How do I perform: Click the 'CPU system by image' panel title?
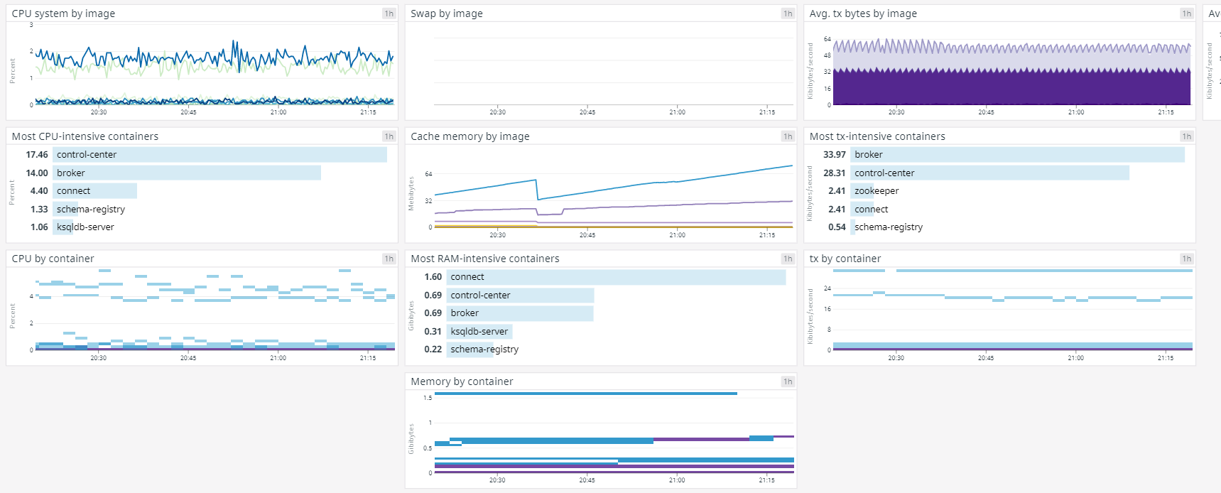(x=63, y=13)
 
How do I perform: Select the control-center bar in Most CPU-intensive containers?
(x=220, y=155)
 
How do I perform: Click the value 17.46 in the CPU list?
(x=37, y=155)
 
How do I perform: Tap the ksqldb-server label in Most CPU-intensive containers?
(x=85, y=227)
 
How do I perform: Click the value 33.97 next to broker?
(x=834, y=155)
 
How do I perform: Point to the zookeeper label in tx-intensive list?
(x=877, y=191)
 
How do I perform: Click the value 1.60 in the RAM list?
(x=433, y=277)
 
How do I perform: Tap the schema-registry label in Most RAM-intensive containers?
(x=484, y=350)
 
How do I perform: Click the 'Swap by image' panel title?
(x=446, y=13)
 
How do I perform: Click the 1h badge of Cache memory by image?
(x=788, y=136)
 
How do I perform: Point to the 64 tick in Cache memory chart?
(x=428, y=174)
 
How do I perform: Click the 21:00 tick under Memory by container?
(x=677, y=480)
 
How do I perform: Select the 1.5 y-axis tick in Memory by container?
(x=428, y=398)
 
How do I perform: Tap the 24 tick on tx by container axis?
(x=827, y=288)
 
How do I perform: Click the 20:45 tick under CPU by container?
(x=188, y=358)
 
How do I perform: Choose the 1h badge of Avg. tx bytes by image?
(x=1186, y=13)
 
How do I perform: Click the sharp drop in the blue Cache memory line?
(x=537, y=190)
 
